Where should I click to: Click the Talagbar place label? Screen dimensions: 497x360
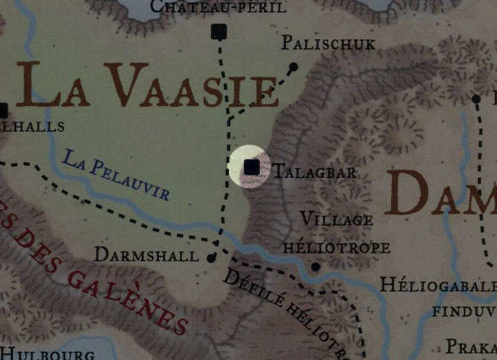[x=315, y=172]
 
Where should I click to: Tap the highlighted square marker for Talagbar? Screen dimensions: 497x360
[x=252, y=167]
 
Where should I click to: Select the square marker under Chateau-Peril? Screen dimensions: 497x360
[x=219, y=31]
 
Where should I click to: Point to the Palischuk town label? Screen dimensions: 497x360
[x=328, y=44]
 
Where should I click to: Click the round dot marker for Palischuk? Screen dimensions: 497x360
[x=293, y=67]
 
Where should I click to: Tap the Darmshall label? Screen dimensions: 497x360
[x=146, y=255]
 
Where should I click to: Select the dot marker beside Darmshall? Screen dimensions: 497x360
[x=212, y=258]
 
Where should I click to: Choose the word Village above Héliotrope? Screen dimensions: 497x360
[x=337, y=220]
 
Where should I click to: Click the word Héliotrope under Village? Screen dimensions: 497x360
[x=337, y=247]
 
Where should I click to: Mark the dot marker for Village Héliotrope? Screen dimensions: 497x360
[x=315, y=266]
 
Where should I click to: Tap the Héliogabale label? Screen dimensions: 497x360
[x=438, y=285]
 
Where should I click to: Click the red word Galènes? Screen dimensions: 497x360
[x=128, y=300]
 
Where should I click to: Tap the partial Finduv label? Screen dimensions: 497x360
[x=464, y=311]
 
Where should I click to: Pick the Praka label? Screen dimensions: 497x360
[x=470, y=345]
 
